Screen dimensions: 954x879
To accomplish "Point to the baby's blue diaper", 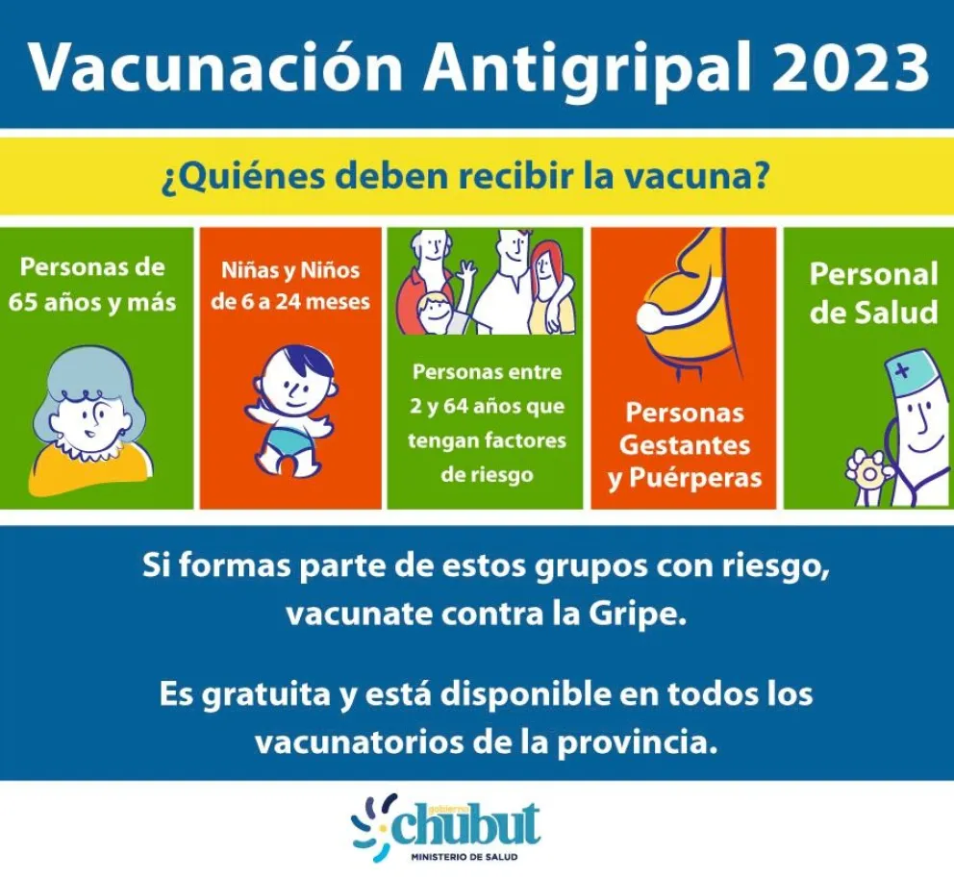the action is (x=290, y=436).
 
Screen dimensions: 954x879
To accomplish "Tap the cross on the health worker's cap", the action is (x=903, y=369).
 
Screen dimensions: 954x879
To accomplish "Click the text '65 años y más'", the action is (x=92, y=303).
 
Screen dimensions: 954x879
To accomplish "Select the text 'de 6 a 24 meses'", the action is (x=290, y=302).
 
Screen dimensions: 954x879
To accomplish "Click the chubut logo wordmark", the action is (x=466, y=824).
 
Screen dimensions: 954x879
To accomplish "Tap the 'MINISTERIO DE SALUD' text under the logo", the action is (x=464, y=857).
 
